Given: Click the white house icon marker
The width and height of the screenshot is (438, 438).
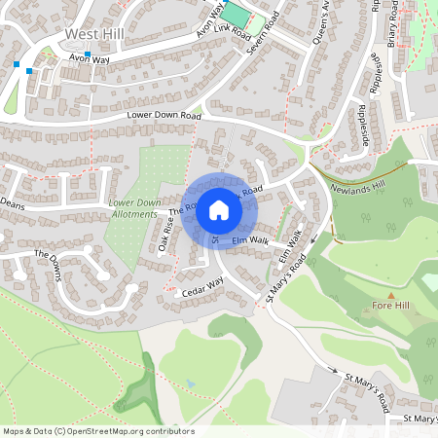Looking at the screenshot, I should point(219,209).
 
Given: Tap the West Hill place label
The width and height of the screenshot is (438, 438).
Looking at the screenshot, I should point(94,34).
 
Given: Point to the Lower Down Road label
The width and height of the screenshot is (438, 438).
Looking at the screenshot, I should point(164,116).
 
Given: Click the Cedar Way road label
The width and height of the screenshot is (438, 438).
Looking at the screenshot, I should point(202,286).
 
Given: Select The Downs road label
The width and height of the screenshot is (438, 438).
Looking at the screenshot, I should point(55,261).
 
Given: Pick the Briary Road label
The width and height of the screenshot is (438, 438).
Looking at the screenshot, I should point(392,21).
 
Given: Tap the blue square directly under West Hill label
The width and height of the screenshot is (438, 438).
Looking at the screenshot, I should point(88,55).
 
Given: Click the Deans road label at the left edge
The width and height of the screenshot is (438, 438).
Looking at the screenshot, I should point(12,204).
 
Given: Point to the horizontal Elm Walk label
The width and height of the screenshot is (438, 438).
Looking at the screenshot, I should point(250,239).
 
